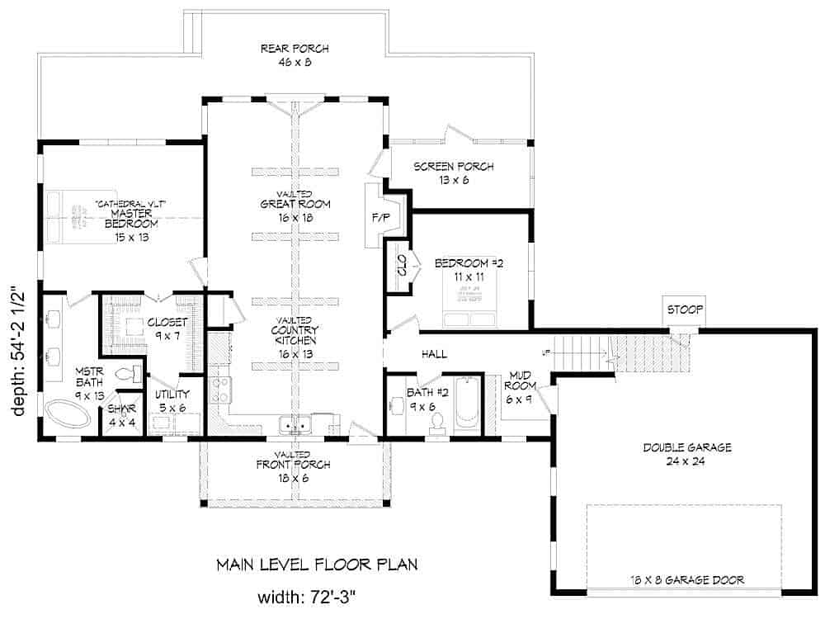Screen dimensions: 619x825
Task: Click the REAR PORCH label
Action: point(285,54)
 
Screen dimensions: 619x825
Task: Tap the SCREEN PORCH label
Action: point(453,173)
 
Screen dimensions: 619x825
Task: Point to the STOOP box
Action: point(684,310)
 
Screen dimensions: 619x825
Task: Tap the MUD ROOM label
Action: point(521,386)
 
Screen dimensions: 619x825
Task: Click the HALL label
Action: point(434,354)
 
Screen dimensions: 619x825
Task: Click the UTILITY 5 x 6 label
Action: point(172,400)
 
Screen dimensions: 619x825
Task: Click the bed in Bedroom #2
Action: point(468,311)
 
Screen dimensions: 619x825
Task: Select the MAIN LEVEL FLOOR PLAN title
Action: point(317,565)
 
